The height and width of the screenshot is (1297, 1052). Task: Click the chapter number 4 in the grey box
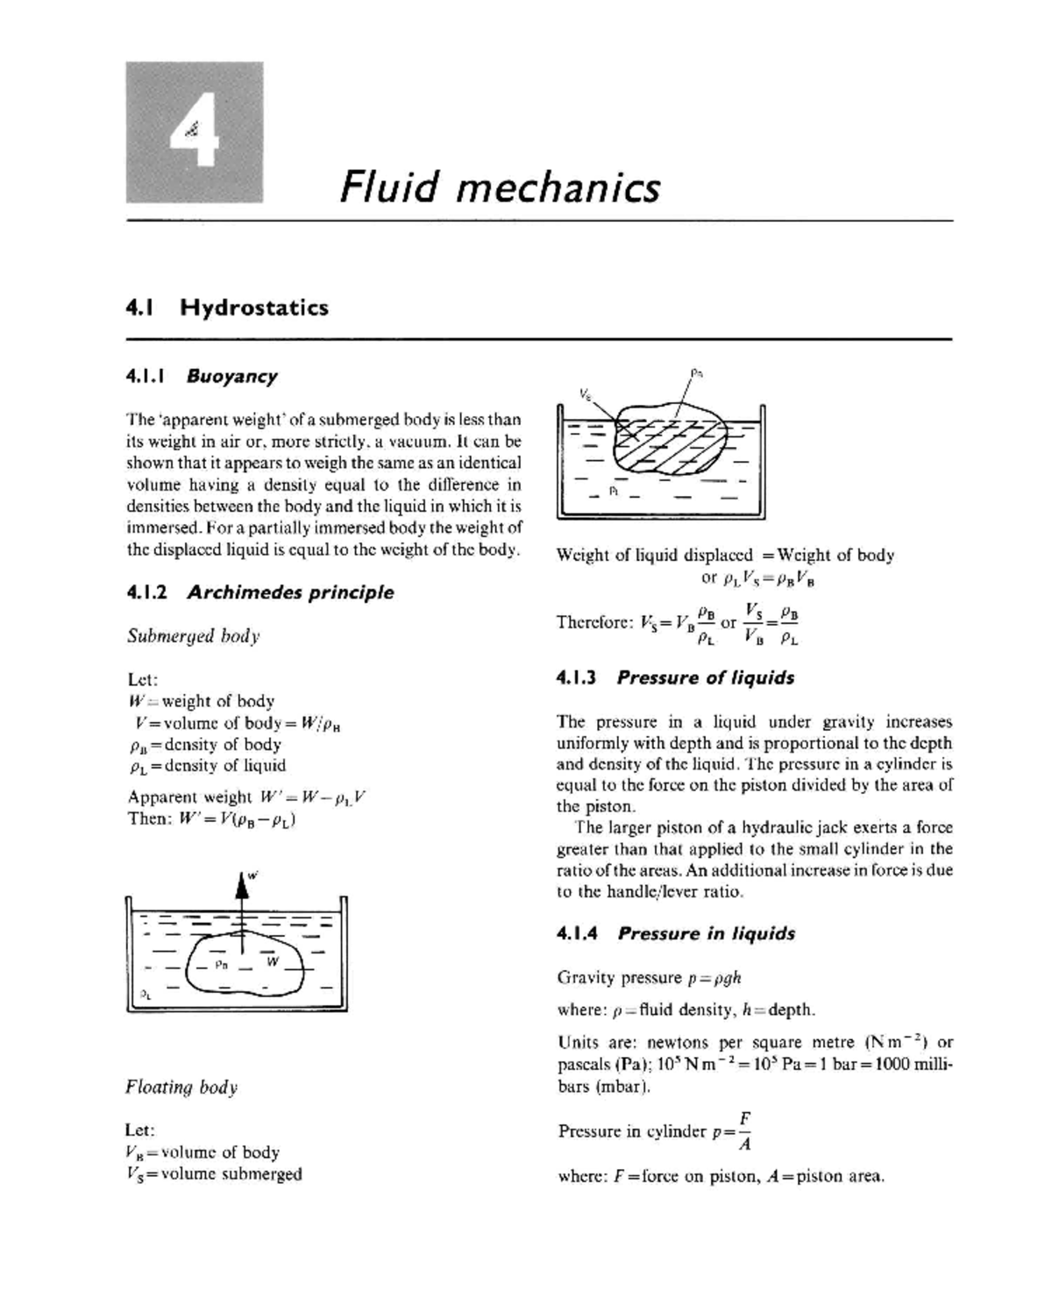click(195, 132)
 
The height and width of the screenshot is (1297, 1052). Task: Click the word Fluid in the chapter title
click(388, 188)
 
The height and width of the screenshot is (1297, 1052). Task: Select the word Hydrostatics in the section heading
click(254, 308)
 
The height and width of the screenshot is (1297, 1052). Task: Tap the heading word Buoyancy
click(231, 376)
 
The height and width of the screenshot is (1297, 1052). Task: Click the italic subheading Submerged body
click(193, 635)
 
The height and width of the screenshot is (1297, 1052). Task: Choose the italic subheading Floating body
click(181, 1088)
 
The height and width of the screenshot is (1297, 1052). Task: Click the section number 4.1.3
click(576, 677)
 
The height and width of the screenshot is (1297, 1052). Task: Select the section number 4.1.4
click(577, 933)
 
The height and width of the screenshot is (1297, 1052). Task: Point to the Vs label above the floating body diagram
click(585, 393)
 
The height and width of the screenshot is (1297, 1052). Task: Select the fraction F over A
click(743, 1130)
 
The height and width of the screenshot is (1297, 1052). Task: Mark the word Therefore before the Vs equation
click(594, 622)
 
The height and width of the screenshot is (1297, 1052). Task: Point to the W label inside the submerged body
click(273, 961)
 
